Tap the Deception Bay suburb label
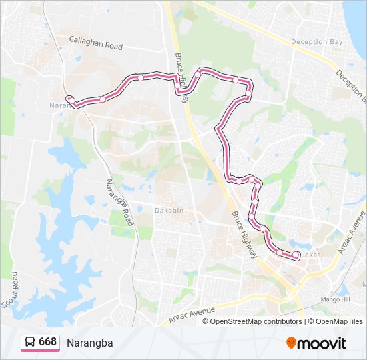[x=316, y=41]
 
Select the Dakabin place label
[x=169, y=210]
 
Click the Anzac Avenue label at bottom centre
[x=192, y=312]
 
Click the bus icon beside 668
[x=30, y=343]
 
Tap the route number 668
[x=47, y=342]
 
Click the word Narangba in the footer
[x=90, y=343]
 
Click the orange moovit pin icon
[x=292, y=343]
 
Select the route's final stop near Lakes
[x=296, y=255]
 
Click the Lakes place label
[x=311, y=255]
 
